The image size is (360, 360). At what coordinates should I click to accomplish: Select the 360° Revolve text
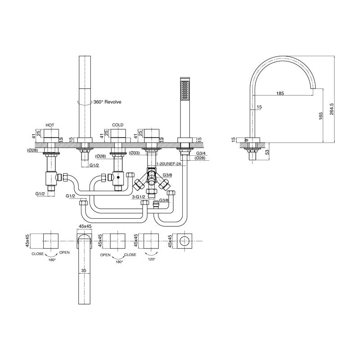tap(107, 102)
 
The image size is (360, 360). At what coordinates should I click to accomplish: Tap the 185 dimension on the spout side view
tap(280, 94)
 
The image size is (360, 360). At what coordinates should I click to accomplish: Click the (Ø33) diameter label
tap(134, 153)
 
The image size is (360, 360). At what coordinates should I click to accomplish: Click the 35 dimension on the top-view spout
tap(83, 271)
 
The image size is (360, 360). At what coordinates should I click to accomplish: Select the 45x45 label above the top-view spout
tap(85, 227)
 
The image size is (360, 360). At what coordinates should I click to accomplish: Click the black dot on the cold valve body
tap(118, 177)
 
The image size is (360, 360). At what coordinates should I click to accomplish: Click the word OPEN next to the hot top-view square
tap(64, 253)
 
